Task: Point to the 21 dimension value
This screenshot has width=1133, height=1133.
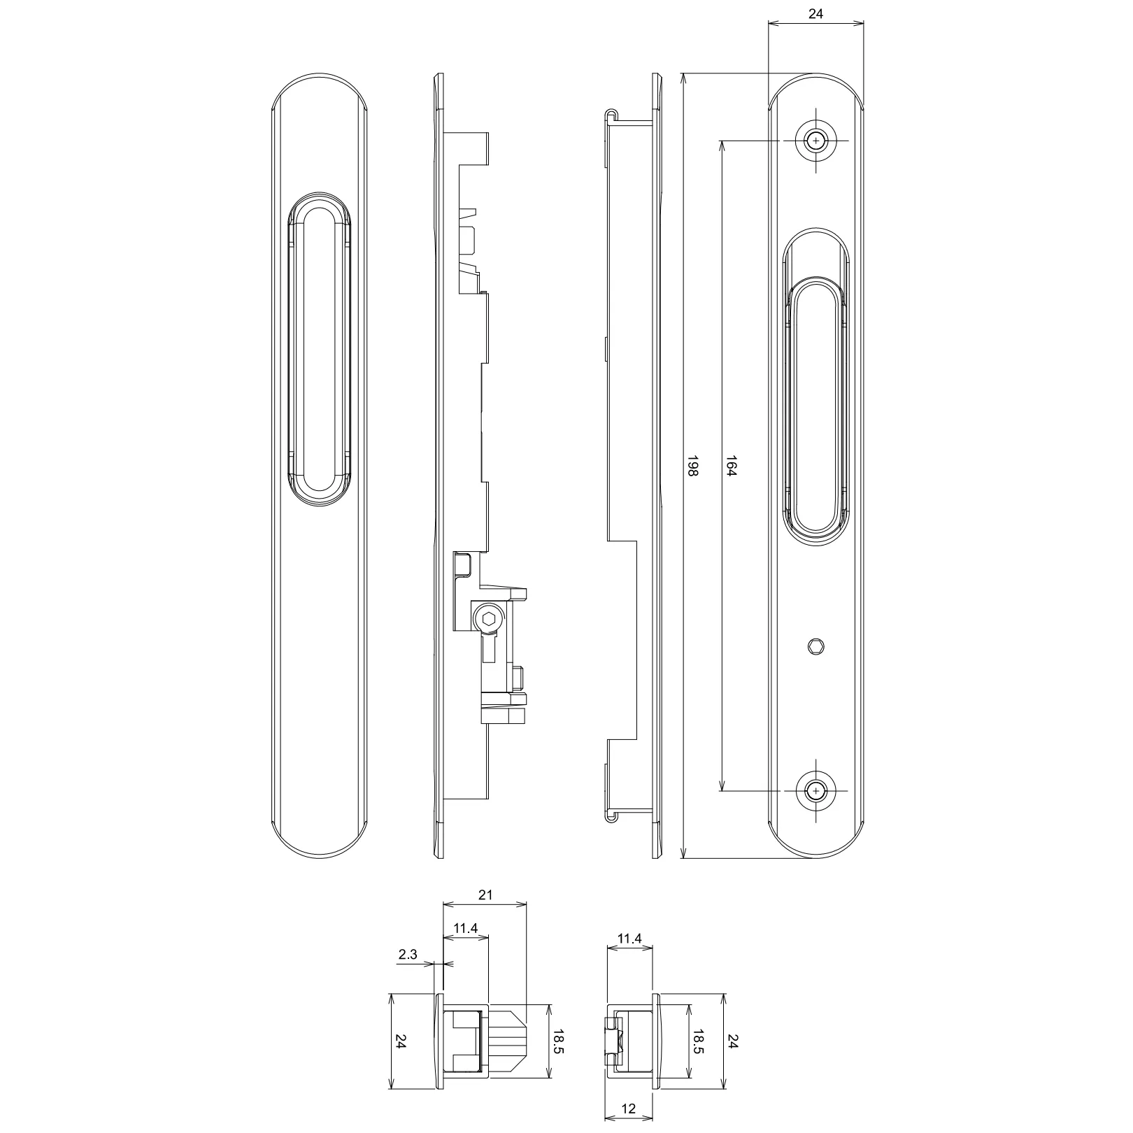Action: (485, 895)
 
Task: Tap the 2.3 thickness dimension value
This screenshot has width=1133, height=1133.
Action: (408, 954)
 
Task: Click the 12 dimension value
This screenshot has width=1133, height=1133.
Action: (629, 1109)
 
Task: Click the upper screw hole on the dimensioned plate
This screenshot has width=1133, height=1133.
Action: (815, 141)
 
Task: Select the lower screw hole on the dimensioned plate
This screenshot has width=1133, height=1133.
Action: (815, 791)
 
